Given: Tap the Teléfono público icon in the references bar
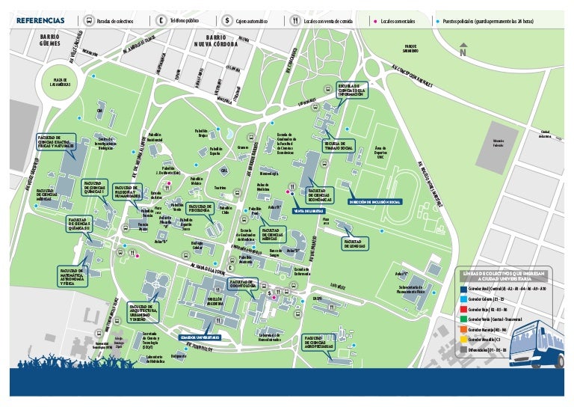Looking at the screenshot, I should tap(161, 20).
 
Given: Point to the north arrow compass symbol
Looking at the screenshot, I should tap(463, 51).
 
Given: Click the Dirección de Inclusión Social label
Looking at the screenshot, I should tap(375, 202).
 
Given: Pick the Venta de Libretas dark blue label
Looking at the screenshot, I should tap(308, 211).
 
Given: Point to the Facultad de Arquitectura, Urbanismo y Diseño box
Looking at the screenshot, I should tap(145, 312).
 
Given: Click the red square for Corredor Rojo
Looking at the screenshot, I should tap(464, 308).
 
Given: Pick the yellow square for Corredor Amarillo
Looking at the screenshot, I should tap(464, 339).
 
